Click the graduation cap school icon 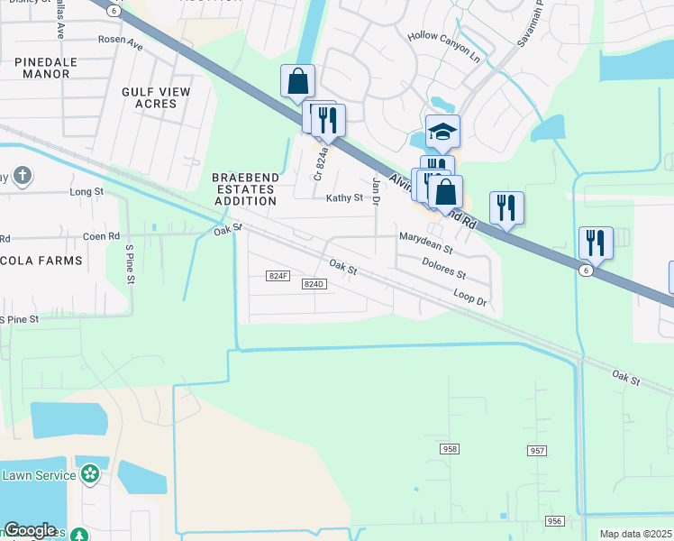click(x=442, y=132)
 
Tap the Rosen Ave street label click(x=121, y=41)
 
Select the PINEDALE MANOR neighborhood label click(x=46, y=68)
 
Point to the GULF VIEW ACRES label click(x=156, y=97)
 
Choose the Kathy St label click(x=344, y=197)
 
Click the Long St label click(x=87, y=192)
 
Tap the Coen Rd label click(x=101, y=236)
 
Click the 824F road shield click(x=278, y=275)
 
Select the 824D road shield click(x=313, y=284)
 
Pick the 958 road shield click(x=451, y=448)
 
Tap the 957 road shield click(x=538, y=450)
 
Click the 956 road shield click(x=554, y=521)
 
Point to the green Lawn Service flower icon click(x=89, y=473)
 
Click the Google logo click(x=30, y=529)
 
